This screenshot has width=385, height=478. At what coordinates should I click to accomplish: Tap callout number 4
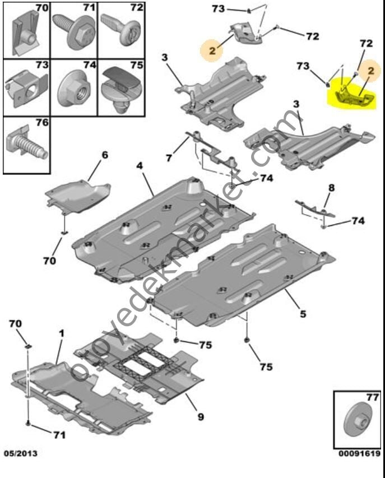point(140,166)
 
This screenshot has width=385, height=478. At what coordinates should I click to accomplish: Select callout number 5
point(303,314)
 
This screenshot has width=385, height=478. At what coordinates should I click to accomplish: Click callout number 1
point(62,333)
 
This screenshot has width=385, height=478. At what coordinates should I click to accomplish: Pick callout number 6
point(104,155)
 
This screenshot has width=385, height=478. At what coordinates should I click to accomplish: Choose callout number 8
point(331,188)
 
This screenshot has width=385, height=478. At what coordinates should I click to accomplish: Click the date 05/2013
point(21,452)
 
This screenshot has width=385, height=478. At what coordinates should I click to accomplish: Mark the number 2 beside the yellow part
point(370,71)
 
